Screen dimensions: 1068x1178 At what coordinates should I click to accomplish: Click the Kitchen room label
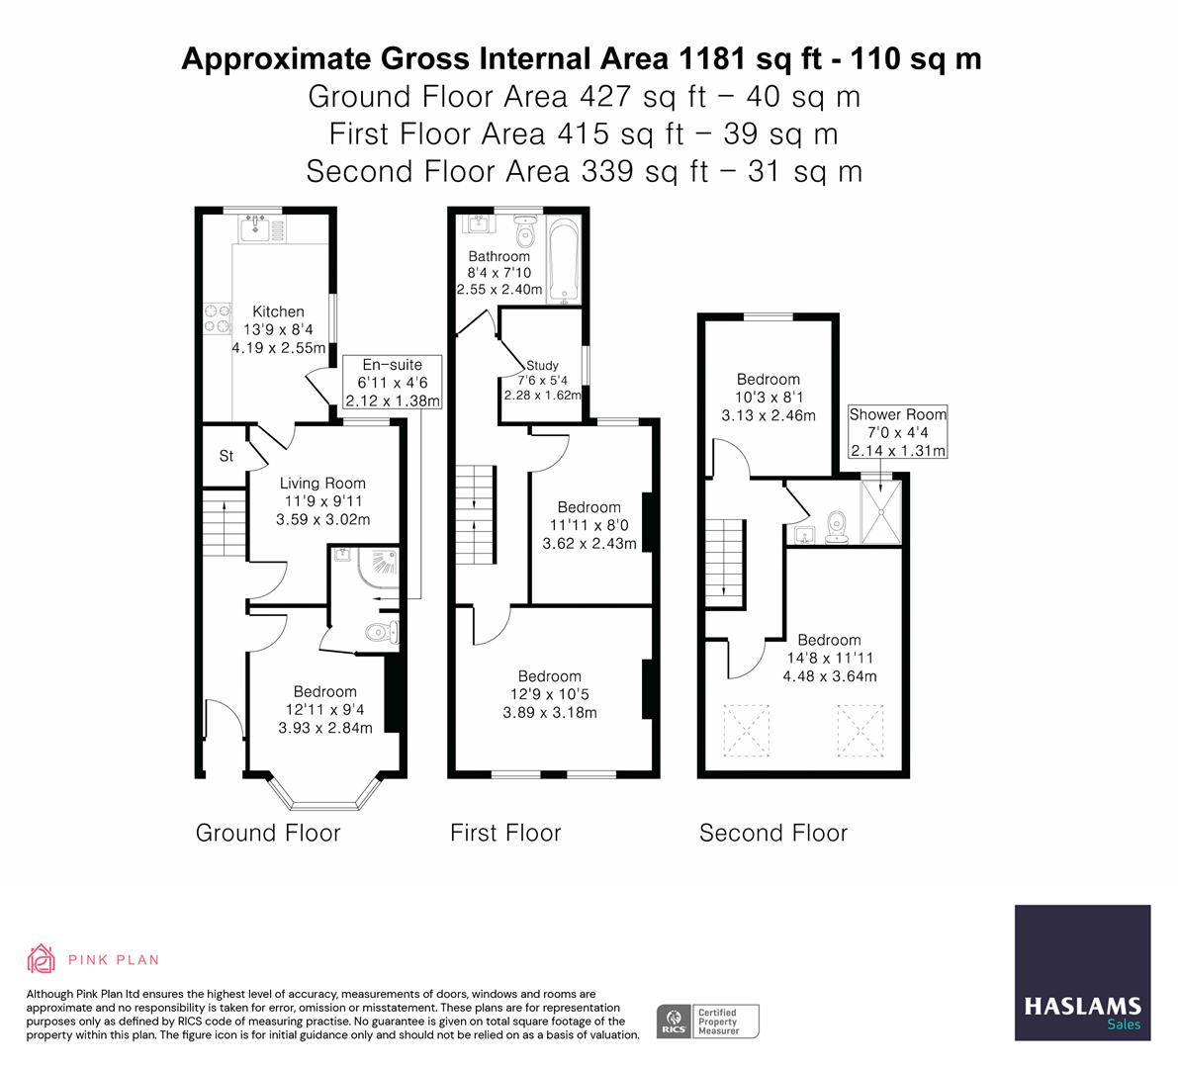pos(277,311)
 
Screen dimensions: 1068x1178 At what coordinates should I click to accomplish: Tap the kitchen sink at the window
pos(258,228)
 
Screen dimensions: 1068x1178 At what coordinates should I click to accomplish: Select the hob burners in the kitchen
pos(213,316)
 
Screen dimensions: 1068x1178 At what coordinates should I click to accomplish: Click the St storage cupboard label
pos(226,456)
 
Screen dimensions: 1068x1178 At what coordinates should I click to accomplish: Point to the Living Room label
pos(322,484)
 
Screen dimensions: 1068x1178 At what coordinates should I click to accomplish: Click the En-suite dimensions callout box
pos(392,384)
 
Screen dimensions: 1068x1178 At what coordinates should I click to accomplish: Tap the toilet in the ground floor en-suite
pos(379,633)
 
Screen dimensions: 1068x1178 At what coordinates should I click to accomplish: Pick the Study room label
pos(542,365)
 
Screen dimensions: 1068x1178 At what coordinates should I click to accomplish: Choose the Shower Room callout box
pos(897,432)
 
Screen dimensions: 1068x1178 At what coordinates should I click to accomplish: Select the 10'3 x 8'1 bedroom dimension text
pos(768,398)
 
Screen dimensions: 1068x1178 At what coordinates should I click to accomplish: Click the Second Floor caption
pos(772,833)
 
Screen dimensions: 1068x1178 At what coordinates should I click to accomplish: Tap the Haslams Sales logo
pos(1082,973)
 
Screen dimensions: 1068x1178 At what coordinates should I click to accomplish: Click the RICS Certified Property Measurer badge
pos(708,1021)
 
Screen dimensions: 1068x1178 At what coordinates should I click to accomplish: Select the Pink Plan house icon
pos(42,958)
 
